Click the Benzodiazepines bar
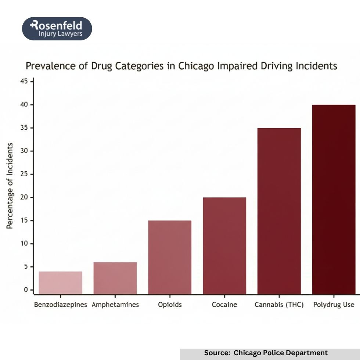pos(60,282)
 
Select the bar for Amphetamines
pos(115,278)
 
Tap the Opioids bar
pos(170,257)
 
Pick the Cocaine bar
pos(224,245)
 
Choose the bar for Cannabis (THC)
pos(279,211)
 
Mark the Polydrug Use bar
pos(334,199)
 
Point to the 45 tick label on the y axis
pos(24,81)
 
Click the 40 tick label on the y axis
pos(24,105)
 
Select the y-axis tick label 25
pos(24,174)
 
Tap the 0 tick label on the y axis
pos(26,290)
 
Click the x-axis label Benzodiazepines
pos(61,305)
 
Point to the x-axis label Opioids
pos(170,305)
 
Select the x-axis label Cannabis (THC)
pos(279,305)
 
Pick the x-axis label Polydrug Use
pos(334,305)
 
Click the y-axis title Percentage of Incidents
pos(10,186)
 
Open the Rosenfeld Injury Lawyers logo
pos(57,29)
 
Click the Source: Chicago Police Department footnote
pos(266,353)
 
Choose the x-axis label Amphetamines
pos(115,305)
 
